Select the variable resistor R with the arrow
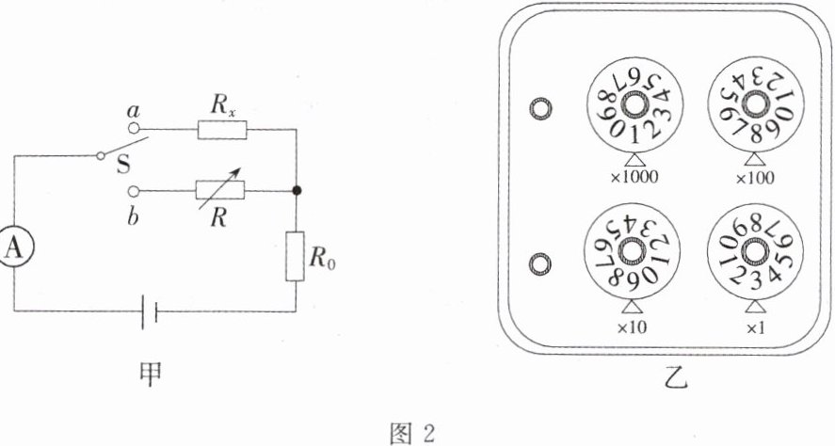pos(219,190)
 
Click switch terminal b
pos(134,189)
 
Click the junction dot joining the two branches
pos(296,190)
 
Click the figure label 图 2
pos(418,433)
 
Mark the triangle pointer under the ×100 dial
pos(754,158)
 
